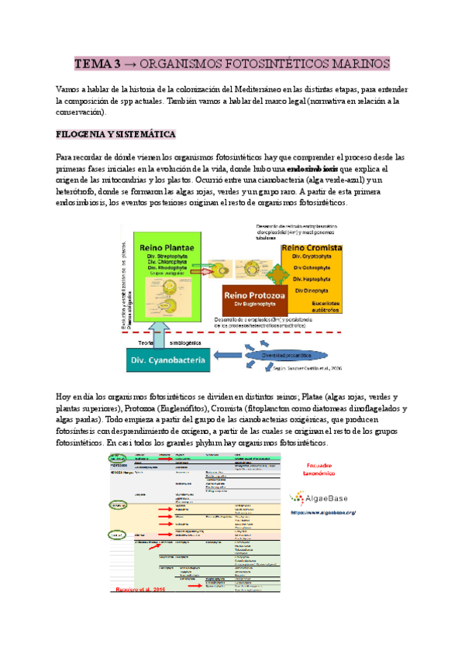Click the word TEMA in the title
tap(92, 63)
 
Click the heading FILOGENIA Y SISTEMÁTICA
tap(116, 134)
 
